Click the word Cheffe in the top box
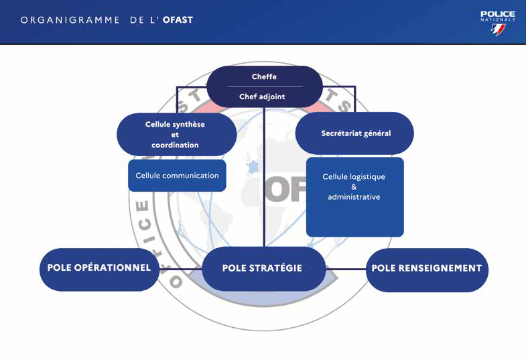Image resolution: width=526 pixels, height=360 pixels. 264,77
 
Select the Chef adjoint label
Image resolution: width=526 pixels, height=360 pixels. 262,97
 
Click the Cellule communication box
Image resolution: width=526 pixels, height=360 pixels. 177,176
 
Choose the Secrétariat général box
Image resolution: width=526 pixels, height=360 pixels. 355,133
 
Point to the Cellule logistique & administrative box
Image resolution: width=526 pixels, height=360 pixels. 354,196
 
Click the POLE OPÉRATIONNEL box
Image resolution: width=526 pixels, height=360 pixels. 98,268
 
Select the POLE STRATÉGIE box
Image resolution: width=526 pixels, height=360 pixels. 262,268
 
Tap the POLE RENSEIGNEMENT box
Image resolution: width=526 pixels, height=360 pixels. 427,268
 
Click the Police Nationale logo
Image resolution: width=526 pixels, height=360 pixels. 497,23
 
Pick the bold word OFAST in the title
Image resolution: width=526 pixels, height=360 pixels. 178,20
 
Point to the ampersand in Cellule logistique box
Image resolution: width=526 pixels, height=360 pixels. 354,187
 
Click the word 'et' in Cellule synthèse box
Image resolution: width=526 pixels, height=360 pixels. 175,135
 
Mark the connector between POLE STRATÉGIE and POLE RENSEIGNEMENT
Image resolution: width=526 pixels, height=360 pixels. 346,269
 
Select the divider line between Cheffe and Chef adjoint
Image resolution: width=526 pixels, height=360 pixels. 265,86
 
